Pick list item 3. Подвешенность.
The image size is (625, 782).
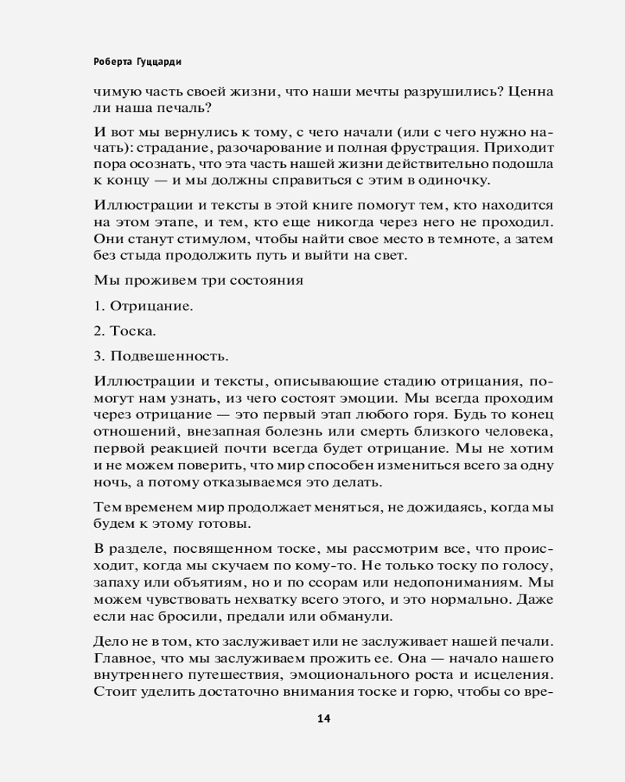coord(160,357)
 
